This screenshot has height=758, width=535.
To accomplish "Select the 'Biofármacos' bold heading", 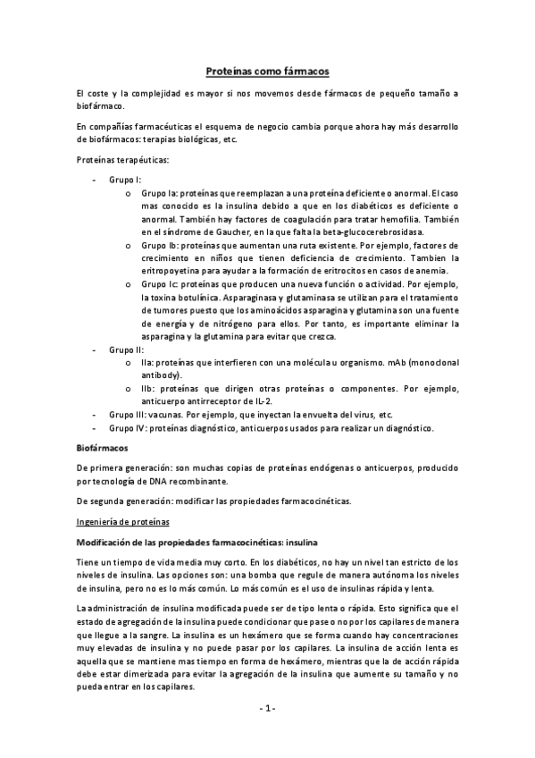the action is click(103, 447).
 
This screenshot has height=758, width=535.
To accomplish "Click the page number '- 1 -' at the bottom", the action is click(267, 709).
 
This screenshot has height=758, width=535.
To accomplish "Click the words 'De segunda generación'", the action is click(121, 499).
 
